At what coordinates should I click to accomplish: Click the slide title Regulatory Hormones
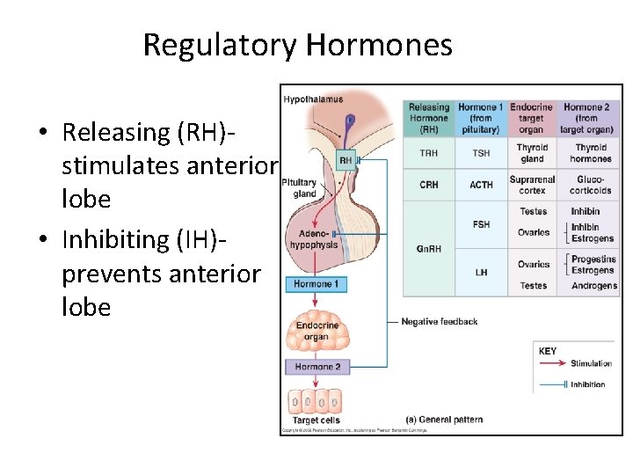pos(297,44)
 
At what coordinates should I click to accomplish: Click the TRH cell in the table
pos(429,153)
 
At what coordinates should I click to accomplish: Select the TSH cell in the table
pos(481,153)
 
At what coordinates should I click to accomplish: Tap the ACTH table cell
pos(481,185)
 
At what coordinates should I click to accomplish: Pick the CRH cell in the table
pos(429,185)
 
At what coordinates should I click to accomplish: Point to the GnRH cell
pos(429,249)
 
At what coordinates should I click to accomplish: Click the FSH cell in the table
pos(481,224)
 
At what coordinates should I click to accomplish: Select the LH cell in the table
pos(481,273)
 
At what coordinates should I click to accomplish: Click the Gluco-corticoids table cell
pos(592,185)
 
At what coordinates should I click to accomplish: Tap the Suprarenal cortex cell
pos(532,185)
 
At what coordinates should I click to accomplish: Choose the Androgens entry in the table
pos(593,286)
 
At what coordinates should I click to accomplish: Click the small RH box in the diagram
pos(346,161)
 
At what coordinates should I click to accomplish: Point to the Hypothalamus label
pos(313,99)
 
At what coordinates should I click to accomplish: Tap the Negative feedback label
pos(439,322)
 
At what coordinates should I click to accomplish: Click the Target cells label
pos(316,420)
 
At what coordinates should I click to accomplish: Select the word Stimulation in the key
pos(591,363)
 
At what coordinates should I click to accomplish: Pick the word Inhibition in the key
pos(588,384)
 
